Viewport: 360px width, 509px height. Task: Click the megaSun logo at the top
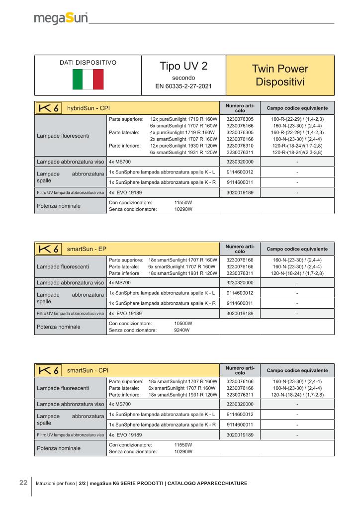(x=61, y=19)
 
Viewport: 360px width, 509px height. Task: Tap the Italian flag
(x=88, y=79)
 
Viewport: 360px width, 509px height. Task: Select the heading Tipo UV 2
(x=183, y=67)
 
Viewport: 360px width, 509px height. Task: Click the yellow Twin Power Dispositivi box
(x=280, y=75)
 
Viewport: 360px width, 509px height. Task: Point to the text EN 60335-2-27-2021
(x=183, y=86)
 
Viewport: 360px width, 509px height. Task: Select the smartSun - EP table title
(x=87, y=248)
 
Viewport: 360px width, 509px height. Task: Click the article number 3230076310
(x=240, y=146)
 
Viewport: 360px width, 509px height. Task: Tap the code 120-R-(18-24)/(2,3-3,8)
(x=297, y=153)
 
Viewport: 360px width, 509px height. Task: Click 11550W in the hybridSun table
(x=183, y=203)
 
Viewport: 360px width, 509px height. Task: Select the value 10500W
(x=183, y=323)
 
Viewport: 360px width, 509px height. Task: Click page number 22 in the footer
(x=23, y=483)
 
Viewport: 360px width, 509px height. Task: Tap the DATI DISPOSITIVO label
(x=88, y=63)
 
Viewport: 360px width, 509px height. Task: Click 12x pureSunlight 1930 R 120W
(x=183, y=146)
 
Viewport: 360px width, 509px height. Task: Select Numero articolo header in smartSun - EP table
(x=240, y=248)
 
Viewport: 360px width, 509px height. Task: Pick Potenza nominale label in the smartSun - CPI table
(x=59, y=448)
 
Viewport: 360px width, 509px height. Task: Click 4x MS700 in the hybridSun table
(x=119, y=162)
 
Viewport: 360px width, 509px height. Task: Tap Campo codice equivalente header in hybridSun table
(x=297, y=108)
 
